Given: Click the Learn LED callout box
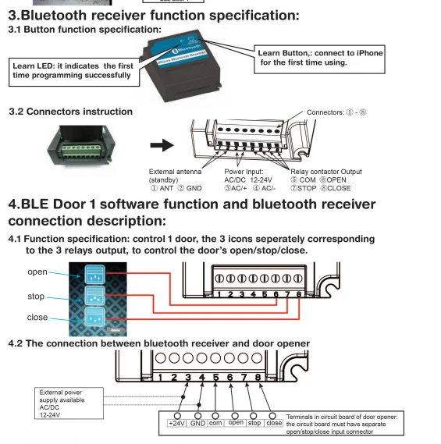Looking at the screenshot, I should pyautogui.click(x=71, y=70).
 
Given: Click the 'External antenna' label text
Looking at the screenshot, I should pyautogui.click(x=176, y=172).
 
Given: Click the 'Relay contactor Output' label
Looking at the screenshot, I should pyautogui.click(x=325, y=172).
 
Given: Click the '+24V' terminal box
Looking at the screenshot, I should pyautogui.click(x=176, y=423).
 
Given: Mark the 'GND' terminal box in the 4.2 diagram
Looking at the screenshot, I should pyautogui.click(x=197, y=423).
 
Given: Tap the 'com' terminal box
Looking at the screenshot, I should pyautogui.click(x=216, y=423).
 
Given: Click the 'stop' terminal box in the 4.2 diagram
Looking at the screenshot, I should pyautogui.click(x=254, y=423).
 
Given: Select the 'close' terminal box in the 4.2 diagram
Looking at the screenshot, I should pyautogui.click(x=274, y=423).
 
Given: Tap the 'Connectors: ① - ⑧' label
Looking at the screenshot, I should pyautogui.click(x=336, y=112).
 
